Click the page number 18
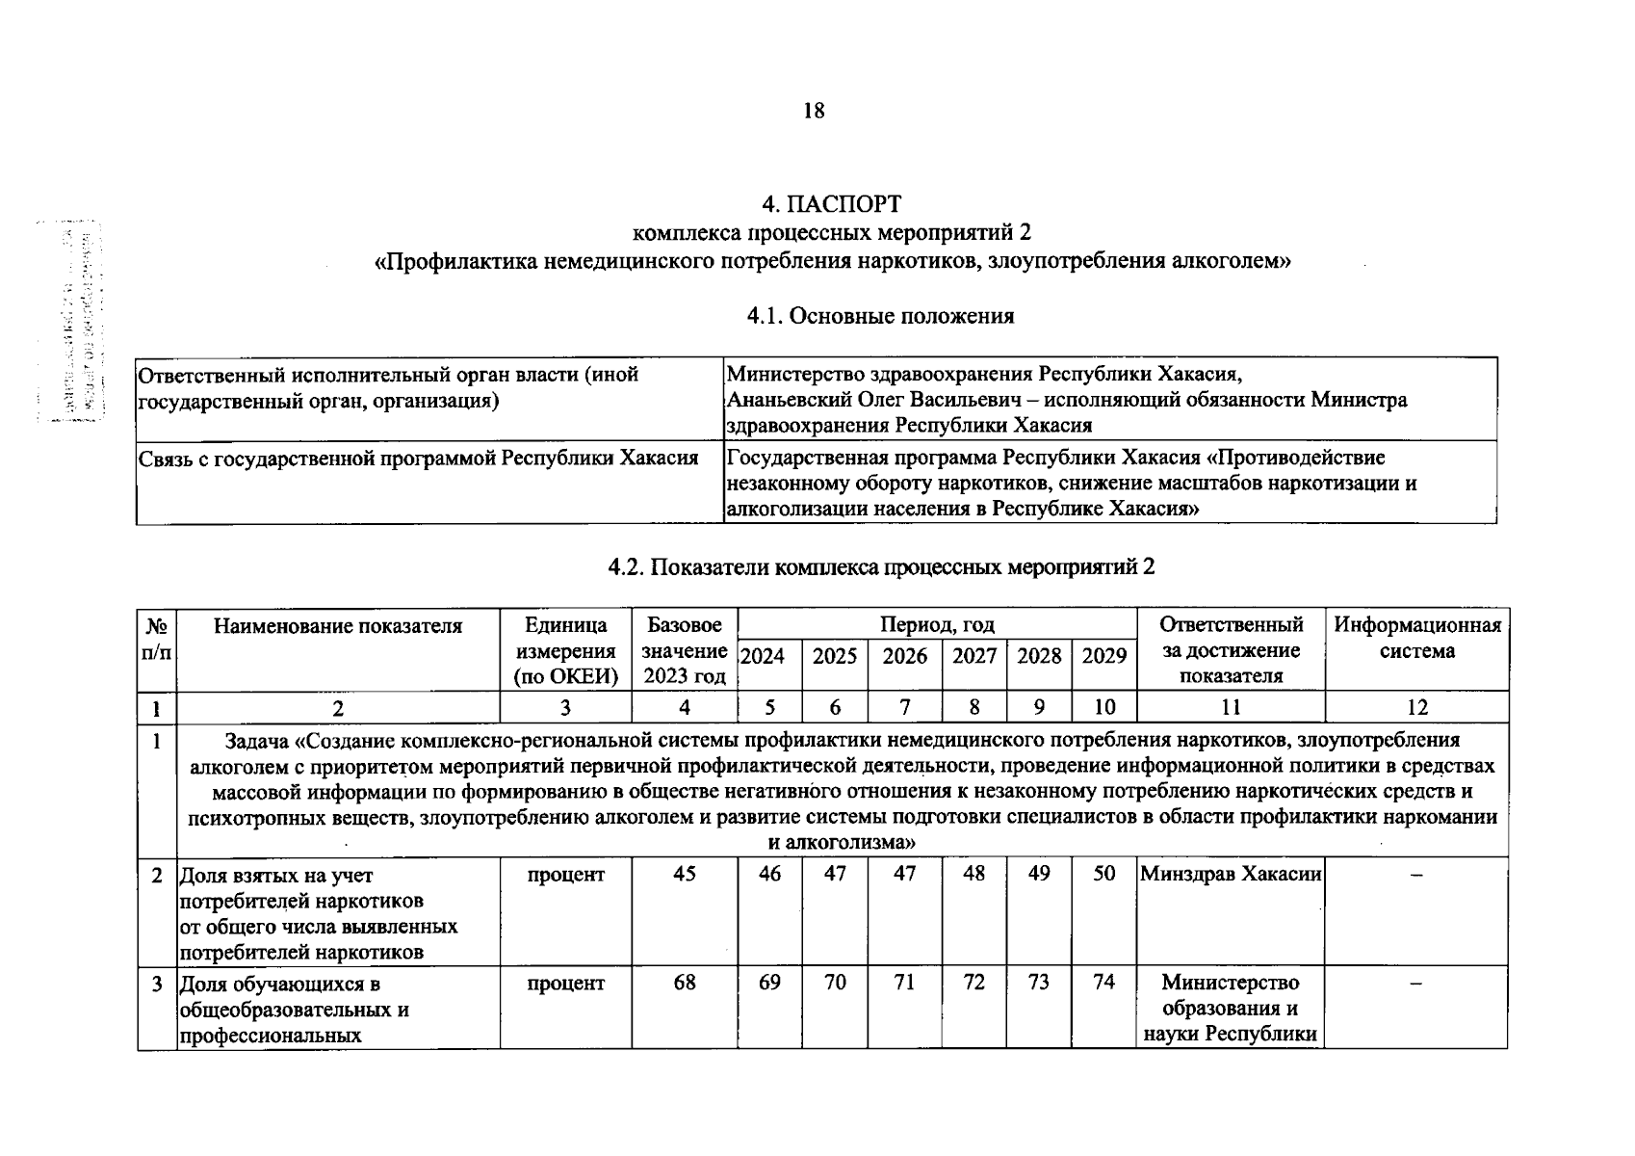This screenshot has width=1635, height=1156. (x=814, y=111)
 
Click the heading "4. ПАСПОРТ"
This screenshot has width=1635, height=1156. (x=832, y=205)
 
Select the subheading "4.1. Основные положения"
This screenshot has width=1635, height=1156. (x=880, y=316)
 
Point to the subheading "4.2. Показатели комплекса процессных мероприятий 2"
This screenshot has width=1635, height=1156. (x=881, y=566)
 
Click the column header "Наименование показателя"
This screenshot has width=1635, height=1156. (x=337, y=626)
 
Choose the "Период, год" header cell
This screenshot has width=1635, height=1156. (x=936, y=624)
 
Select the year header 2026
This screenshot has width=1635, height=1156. (x=904, y=656)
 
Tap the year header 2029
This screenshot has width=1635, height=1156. (x=1103, y=656)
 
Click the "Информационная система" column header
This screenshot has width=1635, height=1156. (x=1416, y=638)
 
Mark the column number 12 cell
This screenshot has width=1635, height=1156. (x=1416, y=707)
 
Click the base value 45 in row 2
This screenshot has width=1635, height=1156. (x=684, y=874)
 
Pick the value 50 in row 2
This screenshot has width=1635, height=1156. (x=1103, y=873)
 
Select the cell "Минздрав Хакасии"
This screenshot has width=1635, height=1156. (x=1230, y=874)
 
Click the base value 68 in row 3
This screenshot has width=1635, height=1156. (x=684, y=983)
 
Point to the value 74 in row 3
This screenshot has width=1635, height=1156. (x=1103, y=982)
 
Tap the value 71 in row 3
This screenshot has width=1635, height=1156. (x=904, y=983)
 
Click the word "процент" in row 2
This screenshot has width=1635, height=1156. (x=565, y=874)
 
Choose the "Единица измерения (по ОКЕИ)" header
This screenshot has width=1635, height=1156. (x=565, y=650)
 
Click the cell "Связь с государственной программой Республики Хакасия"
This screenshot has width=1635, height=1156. (x=418, y=458)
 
